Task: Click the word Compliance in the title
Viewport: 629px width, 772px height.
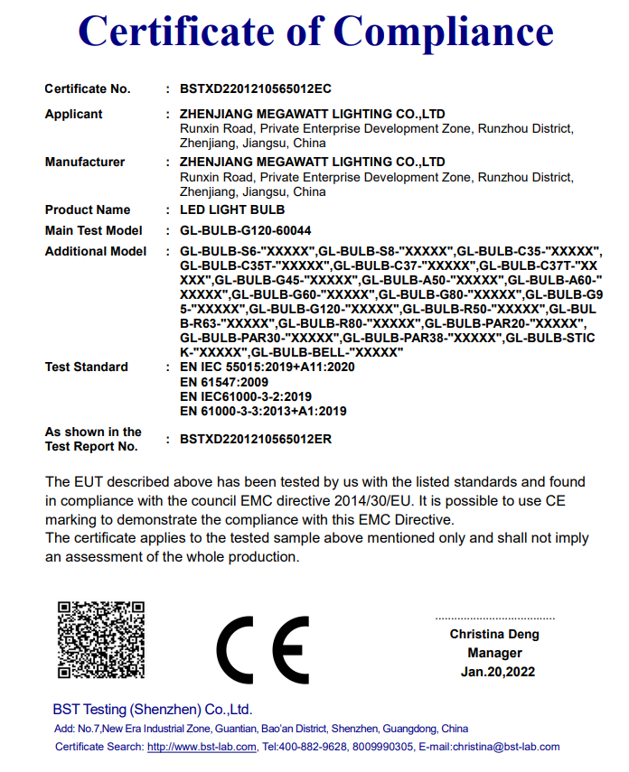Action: (x=444, y=33)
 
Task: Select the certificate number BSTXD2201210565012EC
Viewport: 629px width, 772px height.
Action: (x=256, y=88)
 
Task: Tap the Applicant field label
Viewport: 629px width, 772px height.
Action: (x=73, y=114)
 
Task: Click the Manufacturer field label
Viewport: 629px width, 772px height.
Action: (x=85, y=162)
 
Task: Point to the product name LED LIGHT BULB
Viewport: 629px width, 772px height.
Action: (x=232, y=209)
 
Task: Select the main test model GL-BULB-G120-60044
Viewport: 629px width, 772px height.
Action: (x=245, y=230)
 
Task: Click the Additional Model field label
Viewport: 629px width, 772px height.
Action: (x=95, y=251)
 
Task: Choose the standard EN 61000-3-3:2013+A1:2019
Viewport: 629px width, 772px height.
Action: (x=263, y=411)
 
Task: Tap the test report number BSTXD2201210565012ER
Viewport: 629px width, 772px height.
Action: (x=256, y=439)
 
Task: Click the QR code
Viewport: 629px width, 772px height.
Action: (x=100, y=639)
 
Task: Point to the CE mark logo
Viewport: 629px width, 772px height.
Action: (x=263, y=650)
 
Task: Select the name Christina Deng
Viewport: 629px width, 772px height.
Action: (x=494, y=634)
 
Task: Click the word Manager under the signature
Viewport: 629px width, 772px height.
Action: (x=494, y=653)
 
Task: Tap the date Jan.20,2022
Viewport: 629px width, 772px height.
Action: (x=497, y=672)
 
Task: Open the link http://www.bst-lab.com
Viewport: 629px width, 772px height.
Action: (x=202, y=747)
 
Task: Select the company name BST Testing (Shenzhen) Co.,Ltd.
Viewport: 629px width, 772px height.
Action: (x=152, y=709)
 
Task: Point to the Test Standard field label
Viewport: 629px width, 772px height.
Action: (x=86, y=367)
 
